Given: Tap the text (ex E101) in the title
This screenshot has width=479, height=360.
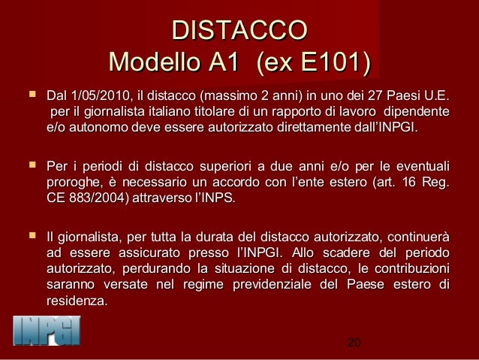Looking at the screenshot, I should click(x=314, y=61).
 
